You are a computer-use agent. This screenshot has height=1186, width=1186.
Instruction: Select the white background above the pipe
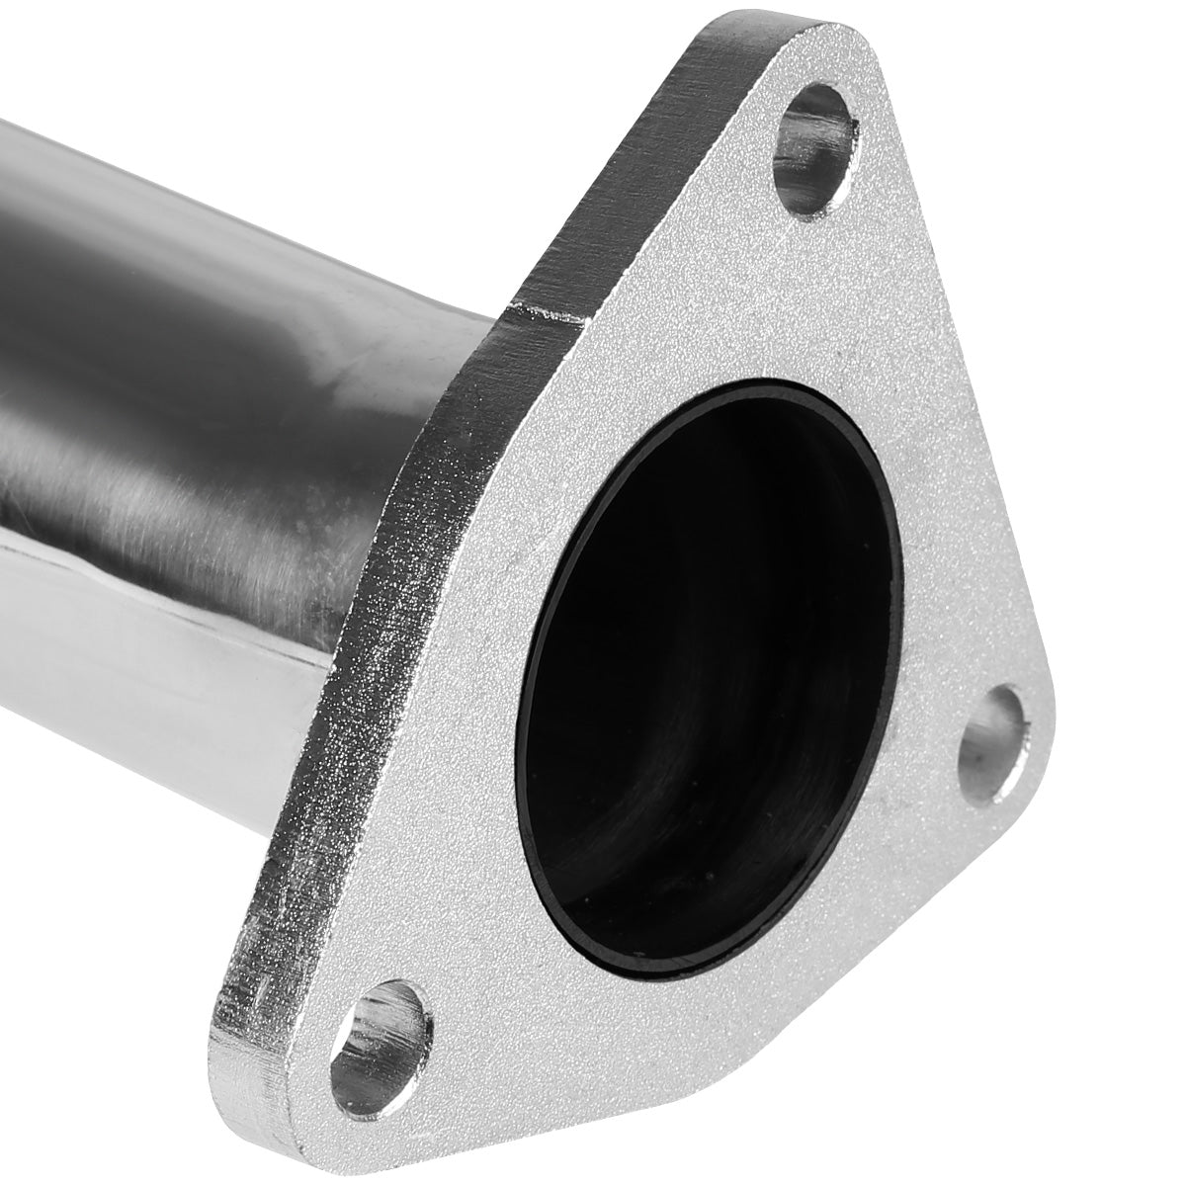[247, 59]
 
